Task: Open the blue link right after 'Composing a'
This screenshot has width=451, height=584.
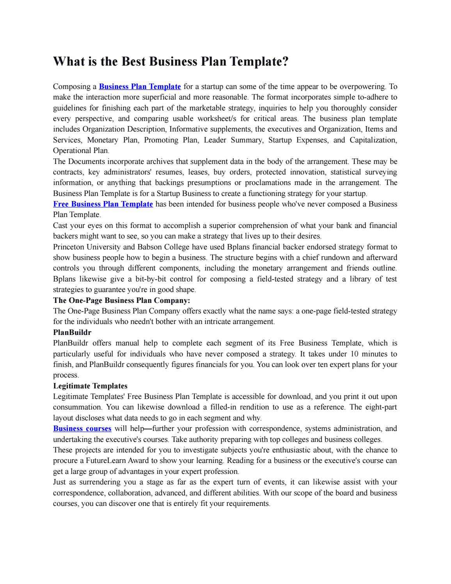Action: point(140,86)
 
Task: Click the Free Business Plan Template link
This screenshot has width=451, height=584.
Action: point(103,204)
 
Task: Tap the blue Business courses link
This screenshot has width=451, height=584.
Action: point(82,428)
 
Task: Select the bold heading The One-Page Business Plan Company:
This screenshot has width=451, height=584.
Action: point(121,300)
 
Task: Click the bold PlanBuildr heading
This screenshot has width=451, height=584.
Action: point(72,332)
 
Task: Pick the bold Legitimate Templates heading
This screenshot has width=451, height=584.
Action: point(90,386)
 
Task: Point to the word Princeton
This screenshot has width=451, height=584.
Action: point(69,247)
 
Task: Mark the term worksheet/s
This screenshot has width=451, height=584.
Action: point(218,118)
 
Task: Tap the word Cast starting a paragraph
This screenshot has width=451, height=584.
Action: point(60,225)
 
